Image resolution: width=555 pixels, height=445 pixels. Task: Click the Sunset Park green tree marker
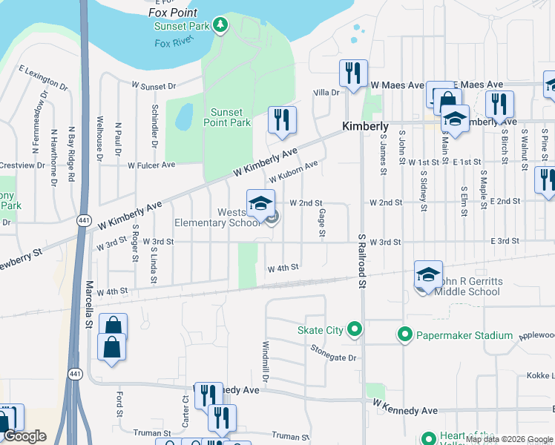point(220,26)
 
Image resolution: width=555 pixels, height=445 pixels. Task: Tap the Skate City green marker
point(355,329)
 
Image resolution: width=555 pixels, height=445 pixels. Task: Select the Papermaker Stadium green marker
point(404,335)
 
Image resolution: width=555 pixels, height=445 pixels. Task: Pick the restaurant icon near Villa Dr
point(352,73)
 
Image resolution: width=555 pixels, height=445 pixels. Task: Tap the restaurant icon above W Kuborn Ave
point(282,120)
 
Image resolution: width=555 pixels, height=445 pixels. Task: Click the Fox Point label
point(173,13)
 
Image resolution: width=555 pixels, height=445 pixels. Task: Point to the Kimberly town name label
point(365,127)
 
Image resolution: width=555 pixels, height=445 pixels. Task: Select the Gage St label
point(323,222)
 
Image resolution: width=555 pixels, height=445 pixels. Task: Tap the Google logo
point(24,436)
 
